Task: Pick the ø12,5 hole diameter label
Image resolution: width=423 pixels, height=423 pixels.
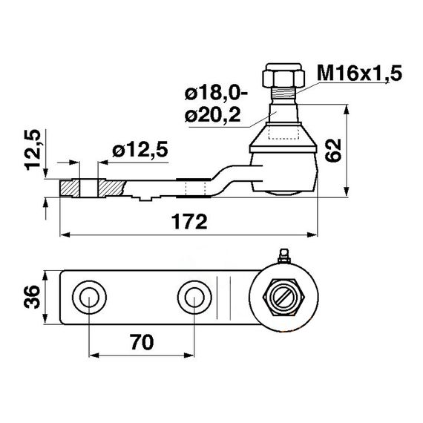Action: pos(140,151)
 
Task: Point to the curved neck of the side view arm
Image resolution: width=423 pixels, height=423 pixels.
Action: pos(223,178)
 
